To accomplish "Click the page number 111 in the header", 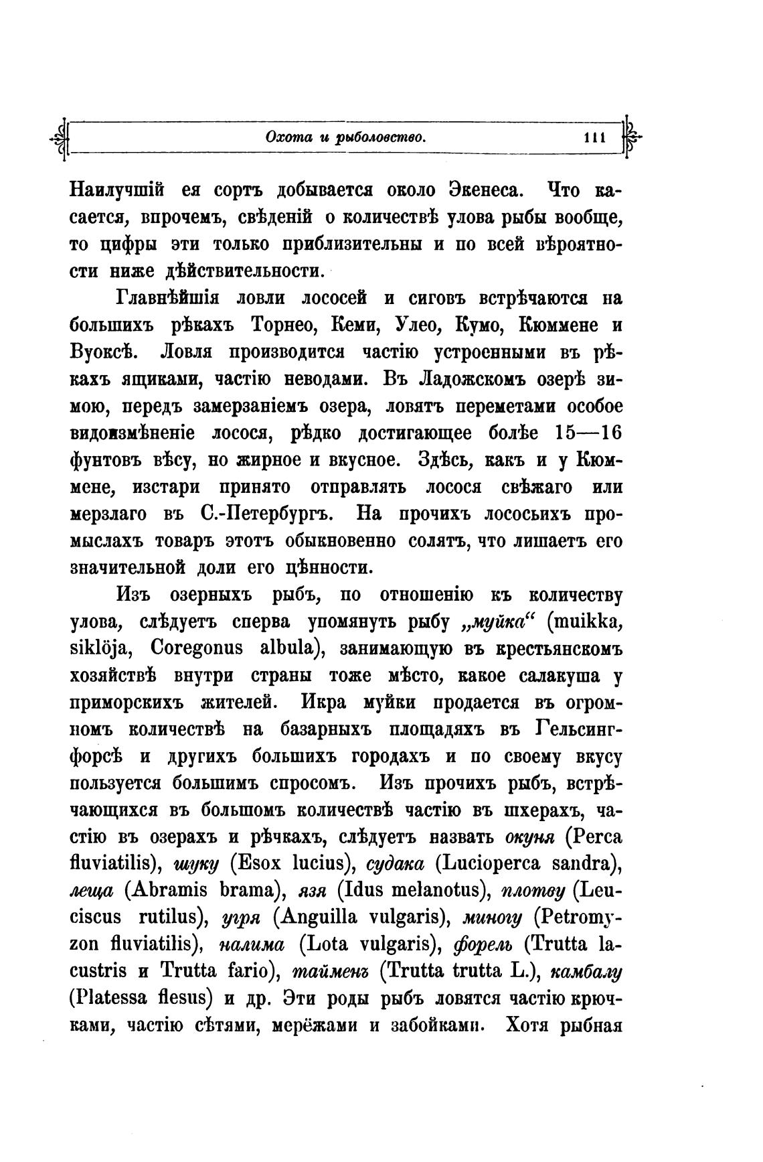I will pyautogui.click(x=594, y=139).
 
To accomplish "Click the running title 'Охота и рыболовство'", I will pyautogui.click(x=346, y=139).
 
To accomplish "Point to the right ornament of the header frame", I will pyautogui.click(x=633, y=139).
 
